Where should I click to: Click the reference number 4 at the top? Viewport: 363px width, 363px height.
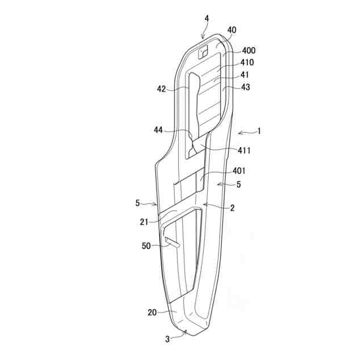(x=207, y=19)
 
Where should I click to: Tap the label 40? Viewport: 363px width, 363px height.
(x=232, y=30)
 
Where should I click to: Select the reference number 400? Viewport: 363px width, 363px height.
(x=248, y=50)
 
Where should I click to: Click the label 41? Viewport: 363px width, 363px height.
(x=244, y=74)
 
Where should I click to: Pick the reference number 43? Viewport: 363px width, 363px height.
(x=245, y=87)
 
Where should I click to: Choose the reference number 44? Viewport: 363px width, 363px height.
(x=158, y=130)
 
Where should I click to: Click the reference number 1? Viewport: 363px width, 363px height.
(x=259, y=131)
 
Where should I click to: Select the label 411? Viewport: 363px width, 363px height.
(x=244, y=150)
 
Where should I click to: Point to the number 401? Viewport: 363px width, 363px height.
(x=239, y=171)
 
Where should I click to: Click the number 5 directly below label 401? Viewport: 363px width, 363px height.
(x=238, y=184)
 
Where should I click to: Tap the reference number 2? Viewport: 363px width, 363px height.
(x=232, y=208)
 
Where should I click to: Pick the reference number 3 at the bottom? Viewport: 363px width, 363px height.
(x=167, y=339)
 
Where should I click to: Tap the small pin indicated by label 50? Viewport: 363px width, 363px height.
(x=172, y=243)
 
